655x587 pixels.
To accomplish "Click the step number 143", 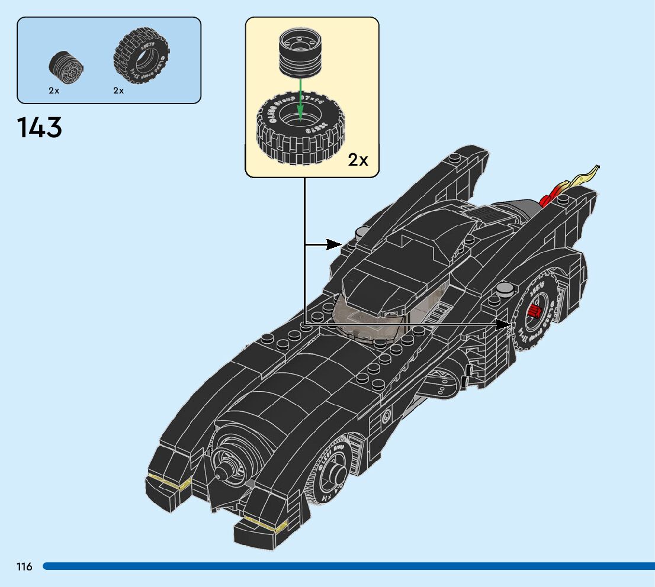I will [40, 128].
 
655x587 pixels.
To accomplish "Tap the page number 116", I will [24, 567].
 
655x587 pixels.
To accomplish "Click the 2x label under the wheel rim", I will [54, 91].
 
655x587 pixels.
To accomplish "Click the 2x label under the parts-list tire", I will [118, 91].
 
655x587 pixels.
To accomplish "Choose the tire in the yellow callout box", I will [300, 129].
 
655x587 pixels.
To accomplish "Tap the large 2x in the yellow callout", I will [358, 160].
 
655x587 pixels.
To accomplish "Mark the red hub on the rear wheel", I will [534, 312].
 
